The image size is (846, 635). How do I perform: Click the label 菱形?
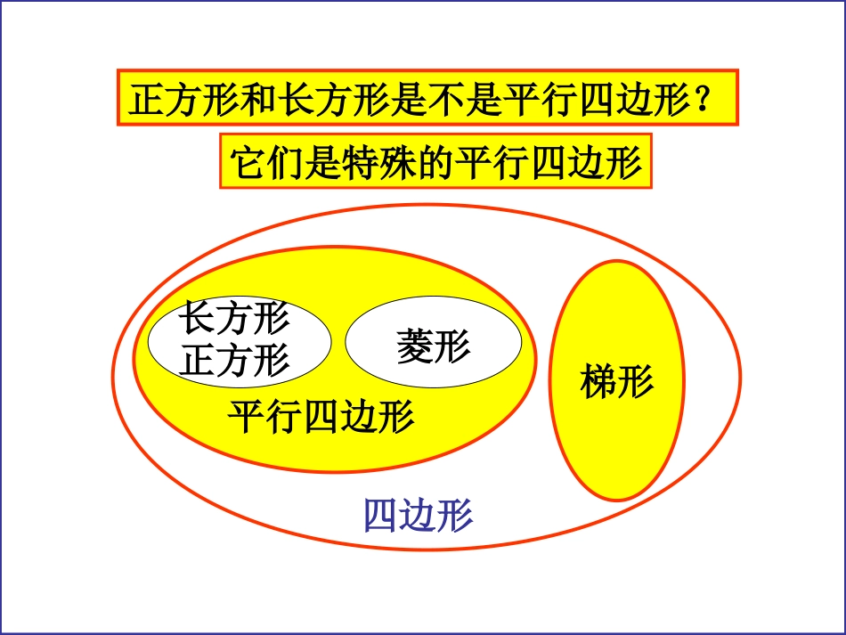[433, 345]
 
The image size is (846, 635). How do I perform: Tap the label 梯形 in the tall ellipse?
[616, 381]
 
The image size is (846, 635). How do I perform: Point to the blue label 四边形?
[419, 515]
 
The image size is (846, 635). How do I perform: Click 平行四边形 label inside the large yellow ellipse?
[321, 416]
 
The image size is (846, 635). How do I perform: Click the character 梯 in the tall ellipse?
[598, 381]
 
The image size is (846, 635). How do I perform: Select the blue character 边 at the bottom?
[419, 515]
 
